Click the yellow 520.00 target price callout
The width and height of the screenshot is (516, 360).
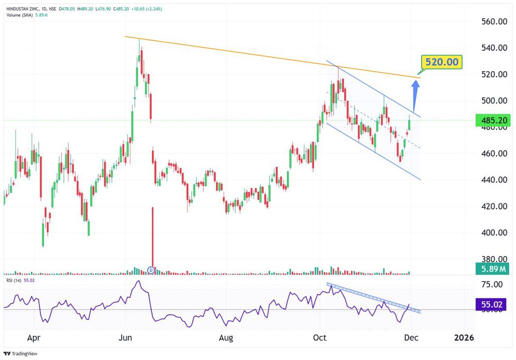(x=442, y=62)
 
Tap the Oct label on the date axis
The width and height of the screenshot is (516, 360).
(x=320, y=338)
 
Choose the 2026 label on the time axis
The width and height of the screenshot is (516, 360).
(x=464, y=338)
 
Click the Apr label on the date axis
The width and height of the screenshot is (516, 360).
(x=34, y=338)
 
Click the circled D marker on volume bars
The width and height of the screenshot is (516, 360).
(x=151, y=270)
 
